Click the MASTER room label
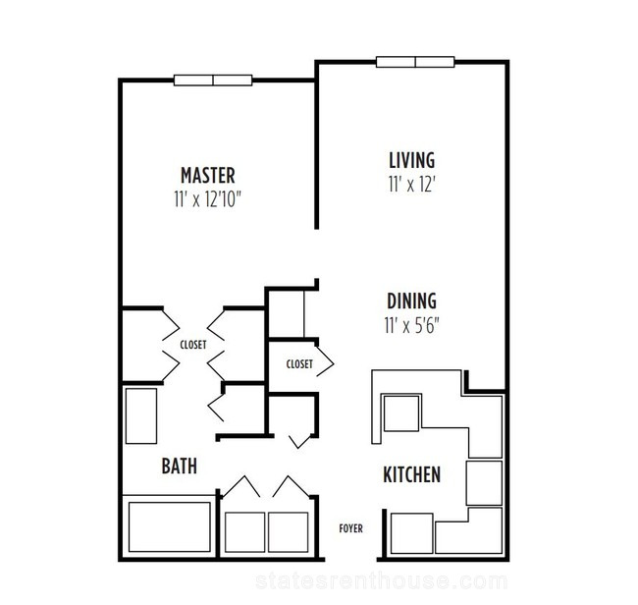207,176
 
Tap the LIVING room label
412,160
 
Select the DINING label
412,302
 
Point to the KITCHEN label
412,474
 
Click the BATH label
179,467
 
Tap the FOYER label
350,528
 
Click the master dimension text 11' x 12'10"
207,199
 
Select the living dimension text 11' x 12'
412,184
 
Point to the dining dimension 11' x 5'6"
412,325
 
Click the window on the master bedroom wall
213,81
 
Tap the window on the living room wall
415,62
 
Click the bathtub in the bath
169,526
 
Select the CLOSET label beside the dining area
299,364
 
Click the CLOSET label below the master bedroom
193,345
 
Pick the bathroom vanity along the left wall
141,416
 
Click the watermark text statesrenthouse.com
382,581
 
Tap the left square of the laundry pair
245,532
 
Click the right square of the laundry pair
288,532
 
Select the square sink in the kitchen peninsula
401,412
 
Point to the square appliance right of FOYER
411,533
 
